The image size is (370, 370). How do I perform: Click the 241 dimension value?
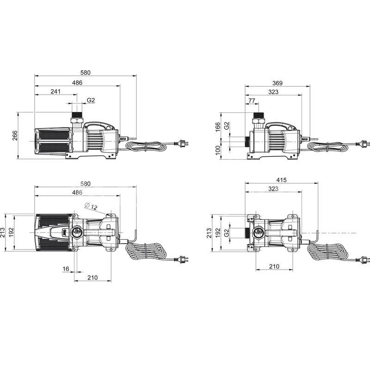pos(55,91)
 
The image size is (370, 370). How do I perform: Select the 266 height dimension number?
pos(15,136)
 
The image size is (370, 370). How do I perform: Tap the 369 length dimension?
pos(277,83)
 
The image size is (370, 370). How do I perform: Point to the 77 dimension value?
pos(252,100)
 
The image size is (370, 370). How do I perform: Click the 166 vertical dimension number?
pos(217,127)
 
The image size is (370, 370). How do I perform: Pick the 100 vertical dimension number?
pos(217,150)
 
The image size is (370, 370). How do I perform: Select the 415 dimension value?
pos(282,180)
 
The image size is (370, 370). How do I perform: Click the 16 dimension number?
pos(66,269)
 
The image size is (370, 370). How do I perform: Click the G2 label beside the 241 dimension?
pos(91,100)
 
